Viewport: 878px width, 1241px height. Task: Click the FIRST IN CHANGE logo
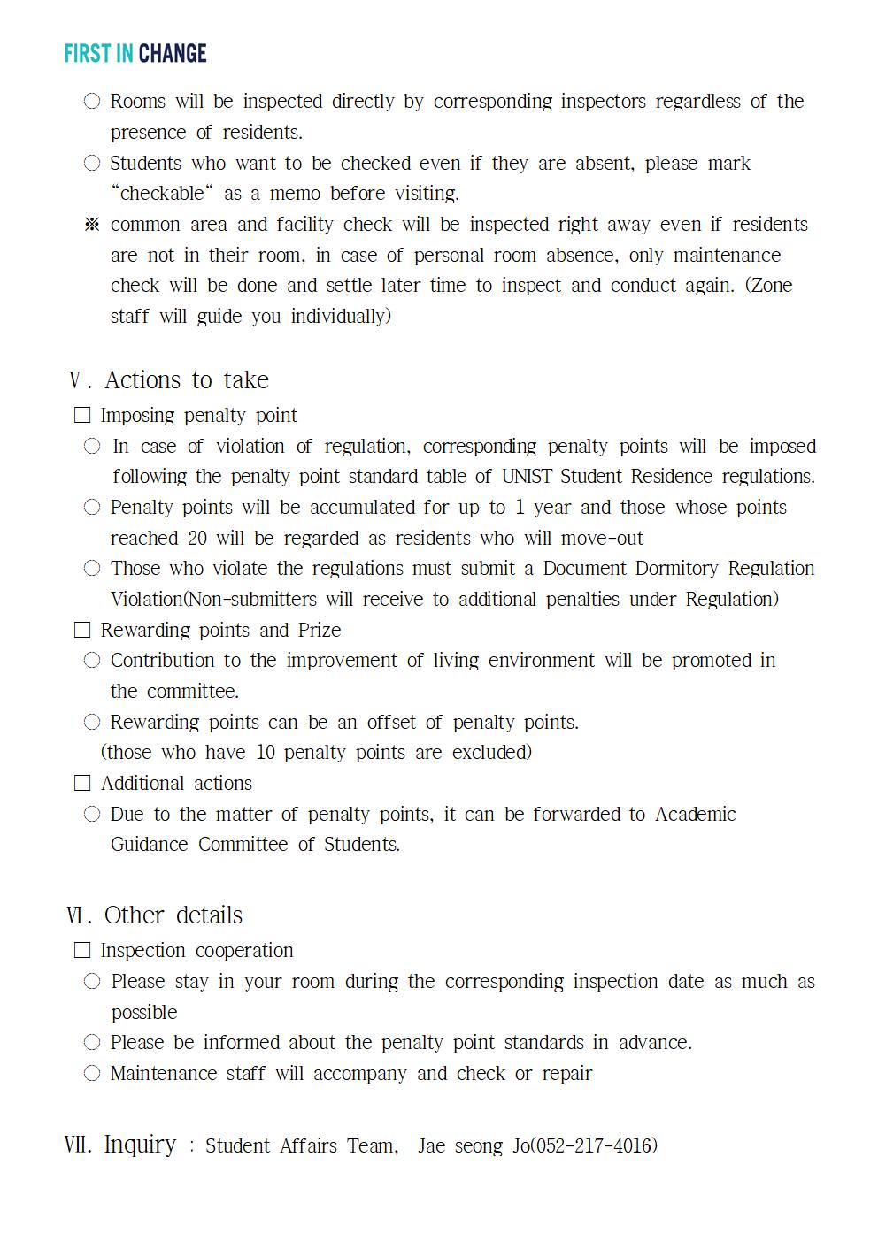pyautogui.click(x=135, y=54)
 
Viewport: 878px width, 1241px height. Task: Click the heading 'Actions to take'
pyautogui.click(x=186, y=380)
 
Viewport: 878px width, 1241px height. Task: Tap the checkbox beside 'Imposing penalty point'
pyautogui.click(x=82, y=416)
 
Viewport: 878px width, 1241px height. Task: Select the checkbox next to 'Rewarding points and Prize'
pyautogui.click(x=82, y=630)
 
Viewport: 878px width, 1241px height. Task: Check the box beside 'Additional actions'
pyautogui.click(x=82, y=783)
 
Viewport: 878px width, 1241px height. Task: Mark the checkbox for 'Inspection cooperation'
pyautogui.click(x=82, y=950)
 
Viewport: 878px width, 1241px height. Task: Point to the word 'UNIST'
pyautogui.click(x=528, y=477)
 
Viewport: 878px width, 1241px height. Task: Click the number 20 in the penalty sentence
pyautogui.click(x=196, y=539)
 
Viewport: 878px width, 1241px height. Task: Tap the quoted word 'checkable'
pyautogui.click(x=162, y=194)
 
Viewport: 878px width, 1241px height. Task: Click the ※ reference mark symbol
pyautogui.click(x=92, y=225)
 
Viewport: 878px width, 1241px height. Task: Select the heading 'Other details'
pyautogui.click(x=173, y=915)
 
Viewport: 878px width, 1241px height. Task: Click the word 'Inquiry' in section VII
pyautogui.click(x=140, y=1145)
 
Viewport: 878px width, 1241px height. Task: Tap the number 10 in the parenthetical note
pyautogui.click(x=266, y=753)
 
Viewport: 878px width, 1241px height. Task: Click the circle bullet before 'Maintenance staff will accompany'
pyautogui.click(x=92, y=1074)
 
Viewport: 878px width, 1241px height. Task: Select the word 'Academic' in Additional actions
pyautogui.click(x=696, y=814)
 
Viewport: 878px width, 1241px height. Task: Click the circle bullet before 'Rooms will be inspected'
pyautogui.click(x=92, y=102)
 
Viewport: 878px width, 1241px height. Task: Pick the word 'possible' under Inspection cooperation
pyautogui.click(x=144, y=1013)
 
